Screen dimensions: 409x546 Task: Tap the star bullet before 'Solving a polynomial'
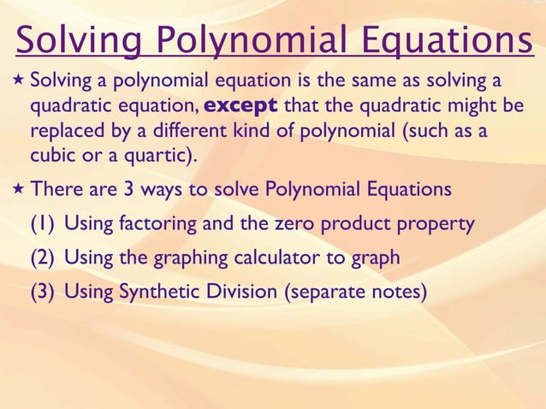[x=17, y=82]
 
